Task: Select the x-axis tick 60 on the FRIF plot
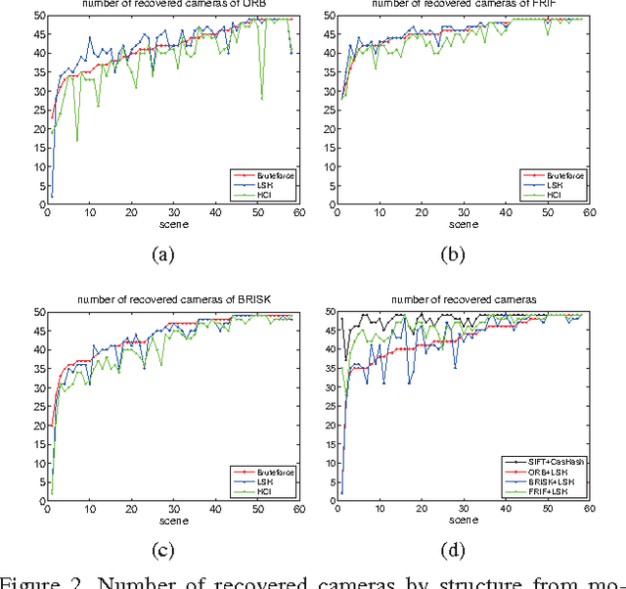(x=587, y=217)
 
